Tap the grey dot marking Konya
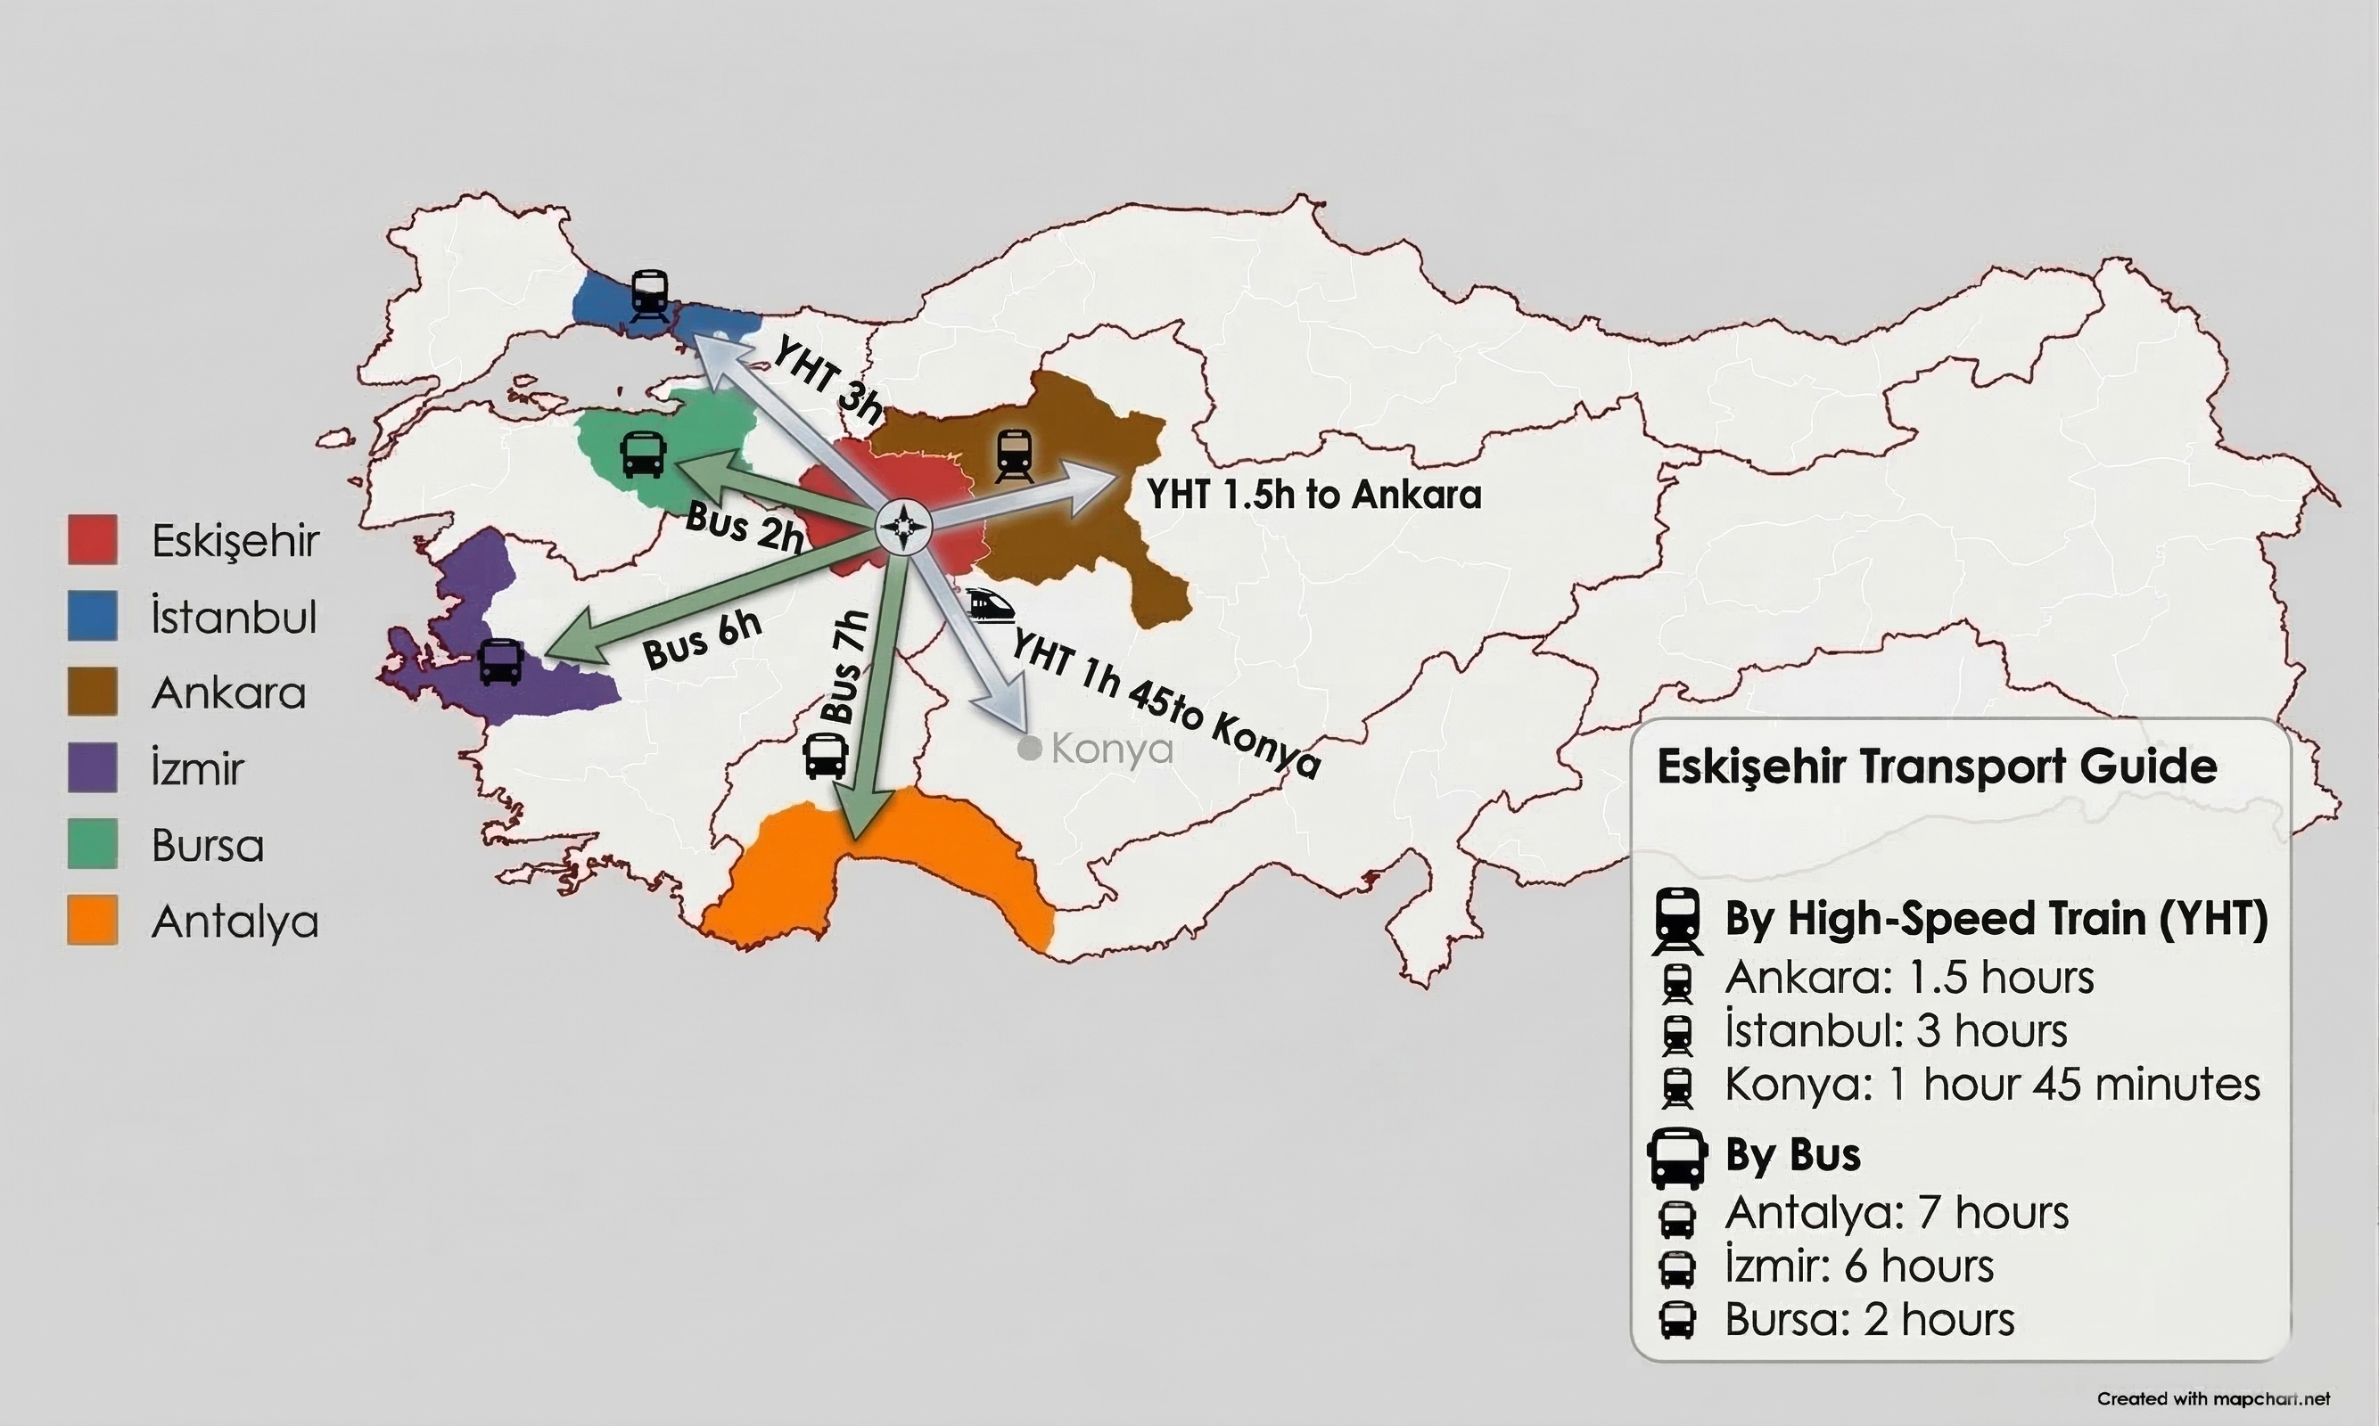tap(1030, 749)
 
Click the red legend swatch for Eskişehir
tap(92, 540)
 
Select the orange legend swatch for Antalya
tap(92, 921)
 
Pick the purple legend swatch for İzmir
tap(92, 767)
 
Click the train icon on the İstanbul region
tap(650, 294)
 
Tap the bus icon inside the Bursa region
tap(643, 454)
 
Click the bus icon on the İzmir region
tap(501, 661)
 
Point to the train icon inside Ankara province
tap(1013, 455)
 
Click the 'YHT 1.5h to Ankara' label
tap(1313, 495)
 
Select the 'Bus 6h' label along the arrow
tap(703, 640)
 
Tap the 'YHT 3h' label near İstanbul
tap(827, 379)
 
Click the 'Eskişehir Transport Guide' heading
tap(1936, 766)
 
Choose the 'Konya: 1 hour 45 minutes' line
tap(1992, 1084)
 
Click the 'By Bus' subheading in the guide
tap(1791, 1154)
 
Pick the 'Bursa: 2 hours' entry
tap(1869, 1319)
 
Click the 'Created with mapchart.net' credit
tap(2213, 1398)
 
